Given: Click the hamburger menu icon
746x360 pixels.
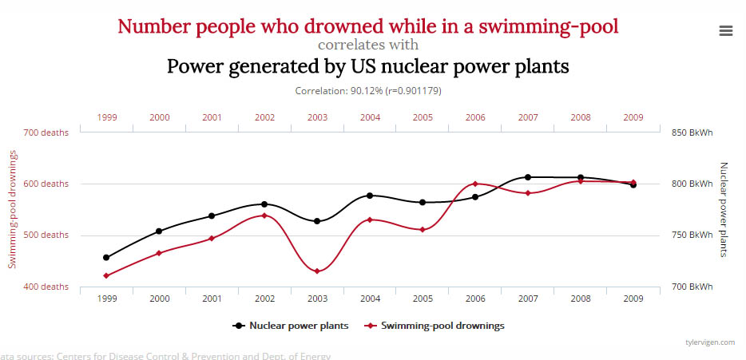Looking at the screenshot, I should (726, 30).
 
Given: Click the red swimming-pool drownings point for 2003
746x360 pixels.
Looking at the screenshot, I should (317, 271).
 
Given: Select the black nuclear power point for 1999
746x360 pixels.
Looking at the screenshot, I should (106, 257).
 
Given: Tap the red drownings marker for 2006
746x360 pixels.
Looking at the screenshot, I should (475, 184).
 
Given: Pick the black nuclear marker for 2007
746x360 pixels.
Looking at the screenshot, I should (528, 177).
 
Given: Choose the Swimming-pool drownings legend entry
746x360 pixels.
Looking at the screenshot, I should (442, 326).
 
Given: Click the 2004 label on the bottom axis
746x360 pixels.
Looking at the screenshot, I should (370, 299).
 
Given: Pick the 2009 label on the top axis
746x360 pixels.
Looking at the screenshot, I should (633, 117).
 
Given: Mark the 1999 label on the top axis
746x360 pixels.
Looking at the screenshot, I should (107, 117).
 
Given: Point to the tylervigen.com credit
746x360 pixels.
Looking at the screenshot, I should (710, 342).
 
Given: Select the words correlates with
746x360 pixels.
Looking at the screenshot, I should (367, 45).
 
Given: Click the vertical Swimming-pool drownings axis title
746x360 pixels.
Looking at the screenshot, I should (14, 209).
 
